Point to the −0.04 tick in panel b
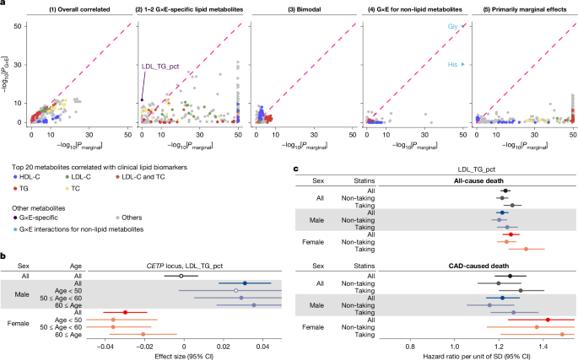pyautogui.click(x=105, y=345)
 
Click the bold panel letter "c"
pyautogui.click(x=294, y=168)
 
